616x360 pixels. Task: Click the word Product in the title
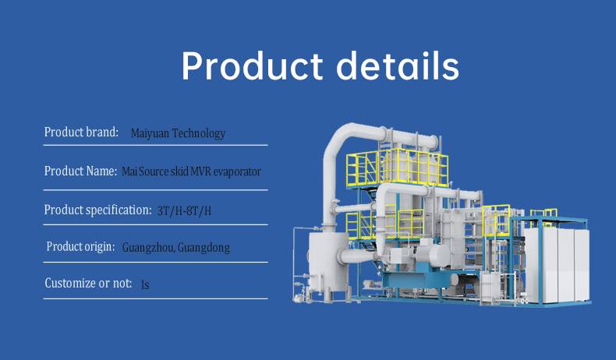click(252, 66)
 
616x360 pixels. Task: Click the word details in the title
click(398, 66)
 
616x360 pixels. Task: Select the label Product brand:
click(81, 132)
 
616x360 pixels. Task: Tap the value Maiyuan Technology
click(178, 133)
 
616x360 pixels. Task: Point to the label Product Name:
click(80, 171)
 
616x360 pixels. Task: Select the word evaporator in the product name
click(237, 172)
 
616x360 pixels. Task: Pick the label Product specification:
click(97, 210)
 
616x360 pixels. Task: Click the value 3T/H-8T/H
click(184, 211)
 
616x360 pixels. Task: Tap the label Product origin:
click(80, 246)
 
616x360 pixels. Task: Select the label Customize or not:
click(88, 283)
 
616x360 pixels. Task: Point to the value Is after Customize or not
click(145, 284)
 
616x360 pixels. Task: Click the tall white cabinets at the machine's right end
click(557, 266)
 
